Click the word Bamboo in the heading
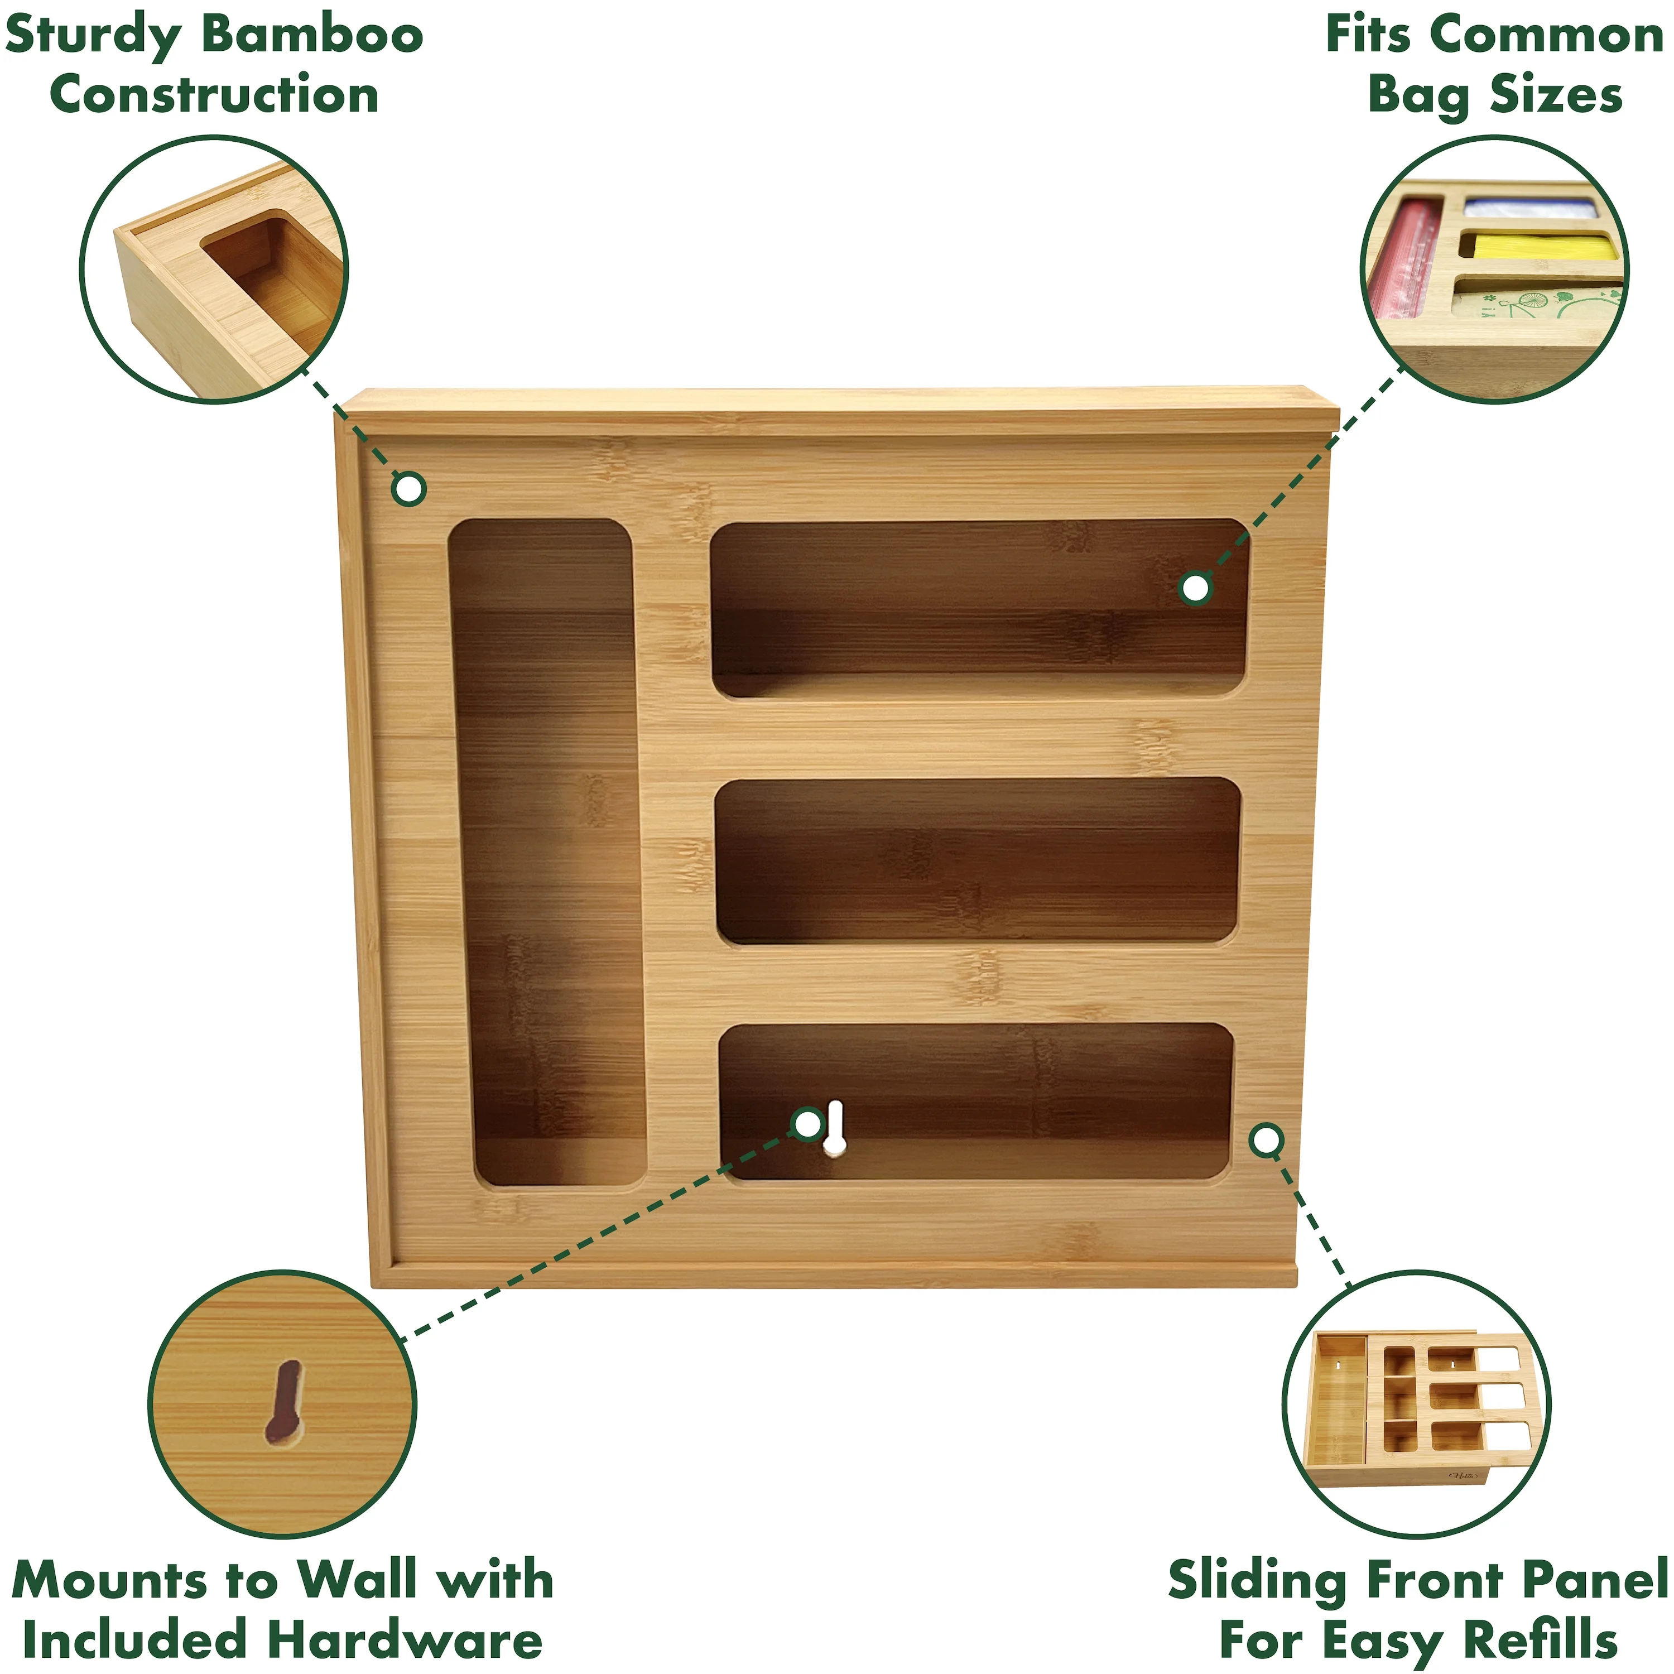point(313,36)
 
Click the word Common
point(1547,36)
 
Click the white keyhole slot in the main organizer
point(834,1128)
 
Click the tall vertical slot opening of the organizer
point(547,854)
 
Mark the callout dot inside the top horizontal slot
point(1196,588)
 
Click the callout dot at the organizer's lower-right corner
point(1267,1140)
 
